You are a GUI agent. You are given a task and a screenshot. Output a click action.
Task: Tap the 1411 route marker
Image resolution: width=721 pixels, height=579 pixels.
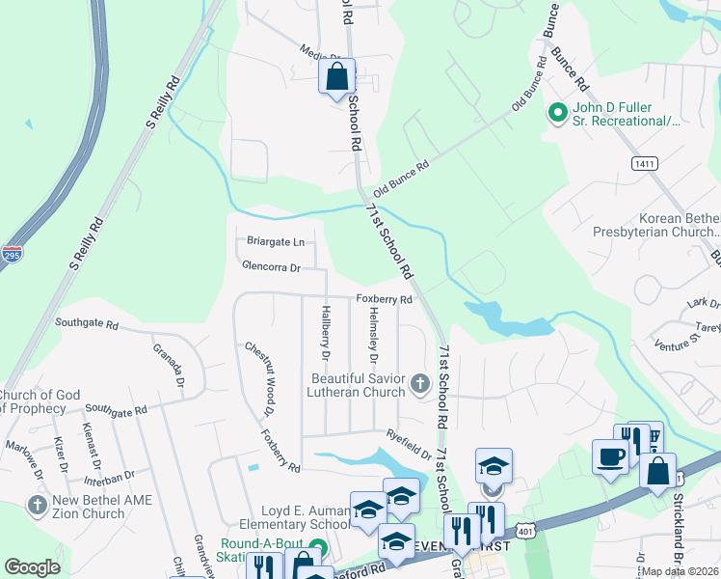tap(644, 164)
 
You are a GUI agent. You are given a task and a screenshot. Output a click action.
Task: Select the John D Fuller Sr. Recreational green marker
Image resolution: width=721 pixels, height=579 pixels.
tap(556, 114)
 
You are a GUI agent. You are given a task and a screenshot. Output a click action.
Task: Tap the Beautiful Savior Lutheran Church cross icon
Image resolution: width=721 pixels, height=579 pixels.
tap(419, 384)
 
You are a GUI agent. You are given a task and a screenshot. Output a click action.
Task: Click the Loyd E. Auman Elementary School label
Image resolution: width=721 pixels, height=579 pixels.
tap(305, 518)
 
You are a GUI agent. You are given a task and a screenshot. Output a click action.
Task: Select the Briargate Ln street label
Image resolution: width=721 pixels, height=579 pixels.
tap(275, 241)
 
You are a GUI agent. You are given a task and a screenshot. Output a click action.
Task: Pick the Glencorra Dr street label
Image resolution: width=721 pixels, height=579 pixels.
tap(272, 266)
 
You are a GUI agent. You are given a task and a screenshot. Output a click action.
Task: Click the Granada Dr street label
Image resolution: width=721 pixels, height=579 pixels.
tap(170, 363)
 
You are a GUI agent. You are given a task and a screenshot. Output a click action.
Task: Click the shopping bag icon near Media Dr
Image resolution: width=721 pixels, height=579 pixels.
tap(337, 77)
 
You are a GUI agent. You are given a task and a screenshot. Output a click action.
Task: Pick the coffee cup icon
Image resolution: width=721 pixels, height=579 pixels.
tap(609, 456)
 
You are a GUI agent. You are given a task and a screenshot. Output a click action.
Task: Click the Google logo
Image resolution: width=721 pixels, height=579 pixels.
tap(32, 567)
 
